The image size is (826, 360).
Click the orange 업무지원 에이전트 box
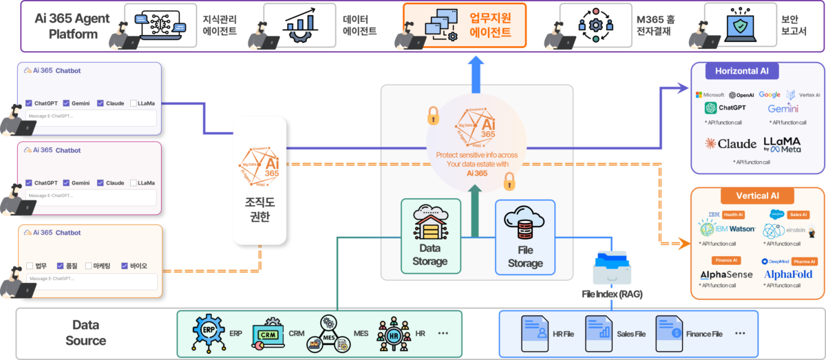(x=464, y=25)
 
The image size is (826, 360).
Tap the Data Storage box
(x=430, y=235)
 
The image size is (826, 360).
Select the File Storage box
(x=525, y=235)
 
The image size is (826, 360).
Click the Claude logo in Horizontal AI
(x=731, y=144)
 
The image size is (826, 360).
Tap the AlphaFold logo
(x=788, y=274)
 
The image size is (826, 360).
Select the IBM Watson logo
(x=728, y=229)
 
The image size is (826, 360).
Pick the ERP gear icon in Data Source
(x=207, y=333)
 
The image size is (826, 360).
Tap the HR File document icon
(x=534, y=334)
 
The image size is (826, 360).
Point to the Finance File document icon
(x=668, y=334)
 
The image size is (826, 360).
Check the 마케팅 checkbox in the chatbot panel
(x=89, y=266)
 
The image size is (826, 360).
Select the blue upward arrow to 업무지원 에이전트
(x=475, y=73)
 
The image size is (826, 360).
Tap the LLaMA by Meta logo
(x=782, y=144)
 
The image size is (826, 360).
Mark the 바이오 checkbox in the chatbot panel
(x=125, y=266)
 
